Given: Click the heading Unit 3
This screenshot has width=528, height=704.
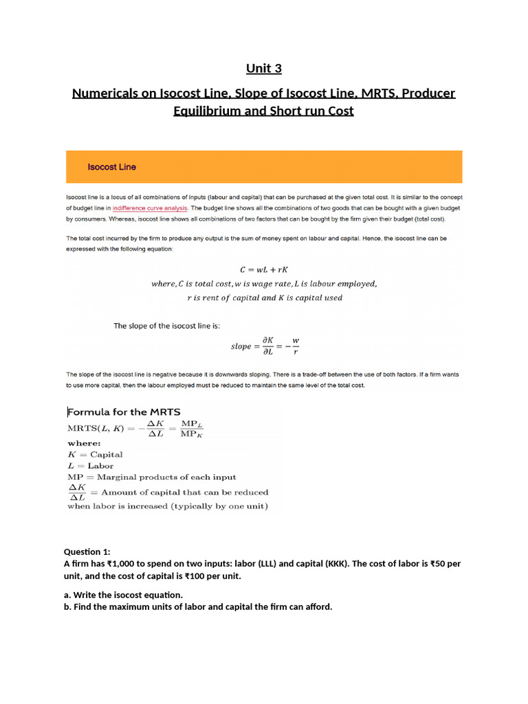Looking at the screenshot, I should pos(264,69).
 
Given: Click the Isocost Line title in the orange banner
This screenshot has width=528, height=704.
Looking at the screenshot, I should pos(111,167).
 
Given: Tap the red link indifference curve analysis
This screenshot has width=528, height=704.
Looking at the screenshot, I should pos(150,208).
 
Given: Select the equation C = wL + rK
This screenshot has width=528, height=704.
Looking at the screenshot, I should pos(263,269).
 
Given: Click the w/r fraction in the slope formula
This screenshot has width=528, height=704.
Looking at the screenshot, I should pos(296,346).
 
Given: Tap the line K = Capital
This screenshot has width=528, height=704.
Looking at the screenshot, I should pos(95,454).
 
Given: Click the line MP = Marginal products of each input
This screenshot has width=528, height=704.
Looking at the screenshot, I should pos(151,477).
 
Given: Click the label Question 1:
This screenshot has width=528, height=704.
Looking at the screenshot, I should pos(87,552).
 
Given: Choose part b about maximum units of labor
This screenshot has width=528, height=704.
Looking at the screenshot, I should pos(198,607).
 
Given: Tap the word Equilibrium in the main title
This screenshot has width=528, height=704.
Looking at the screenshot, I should pos(206,111).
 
